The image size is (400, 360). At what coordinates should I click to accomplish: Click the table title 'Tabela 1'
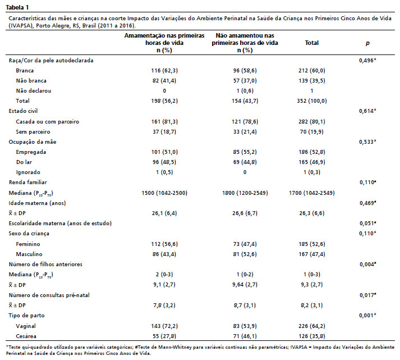[x=17, y=7]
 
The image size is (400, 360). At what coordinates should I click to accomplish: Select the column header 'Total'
[x=312, y=43]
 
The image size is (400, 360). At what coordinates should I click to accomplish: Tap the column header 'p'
[x=367, y=43]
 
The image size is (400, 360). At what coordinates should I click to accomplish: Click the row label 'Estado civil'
[x=23, y=111]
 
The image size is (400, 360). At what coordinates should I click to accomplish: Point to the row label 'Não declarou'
[x=34, y=91]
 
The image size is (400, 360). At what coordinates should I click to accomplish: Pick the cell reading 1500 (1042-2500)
[x=164, y=193]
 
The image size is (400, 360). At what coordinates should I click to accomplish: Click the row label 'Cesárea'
[x=26, y=336]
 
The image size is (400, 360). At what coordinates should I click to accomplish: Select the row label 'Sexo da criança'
[x=29, y=234]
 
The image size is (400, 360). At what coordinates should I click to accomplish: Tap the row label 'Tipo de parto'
[x=26, y=316]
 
